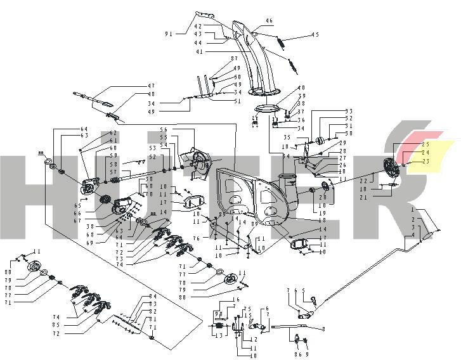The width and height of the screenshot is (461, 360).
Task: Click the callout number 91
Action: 169,33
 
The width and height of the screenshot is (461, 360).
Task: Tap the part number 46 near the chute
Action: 269,21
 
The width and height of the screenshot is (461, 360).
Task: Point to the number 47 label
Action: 151,86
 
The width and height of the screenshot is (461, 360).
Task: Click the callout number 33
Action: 348,111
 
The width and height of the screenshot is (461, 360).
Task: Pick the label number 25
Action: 426,145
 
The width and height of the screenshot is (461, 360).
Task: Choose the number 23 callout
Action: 426,161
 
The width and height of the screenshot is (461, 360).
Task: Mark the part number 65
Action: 77,206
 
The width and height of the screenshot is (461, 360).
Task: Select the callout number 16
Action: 236,299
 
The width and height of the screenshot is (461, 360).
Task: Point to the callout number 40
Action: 302,87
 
